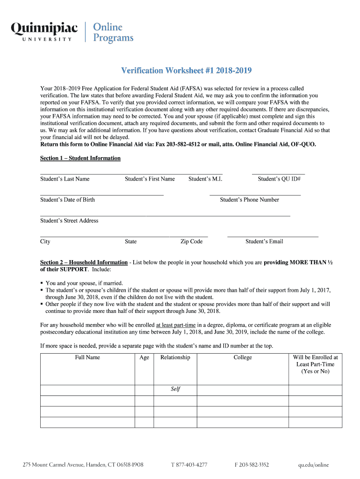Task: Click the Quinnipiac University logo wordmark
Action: pos(44,32)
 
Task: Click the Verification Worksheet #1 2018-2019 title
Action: pos(187,71)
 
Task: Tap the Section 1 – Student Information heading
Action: pos(80,158)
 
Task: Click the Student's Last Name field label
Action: pos(65,179)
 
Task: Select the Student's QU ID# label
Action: pos(279,179)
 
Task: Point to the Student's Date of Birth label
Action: pos(67,200)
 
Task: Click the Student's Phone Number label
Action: pos(249,200)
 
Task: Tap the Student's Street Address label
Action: pos(69,220)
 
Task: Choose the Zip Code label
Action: pos(192,241)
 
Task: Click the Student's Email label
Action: pos(264,241)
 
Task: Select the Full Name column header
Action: pos(87,357)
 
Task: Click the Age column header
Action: pos(144,357)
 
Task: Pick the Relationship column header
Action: pos(175,357)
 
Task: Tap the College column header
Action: pos(243,357)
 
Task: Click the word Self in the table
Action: pos(175,389)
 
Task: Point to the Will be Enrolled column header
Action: pos(315,364)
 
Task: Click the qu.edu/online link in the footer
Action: pos(314,465)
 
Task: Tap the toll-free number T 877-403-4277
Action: pos(189,465)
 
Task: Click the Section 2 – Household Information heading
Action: pos(84,262)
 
